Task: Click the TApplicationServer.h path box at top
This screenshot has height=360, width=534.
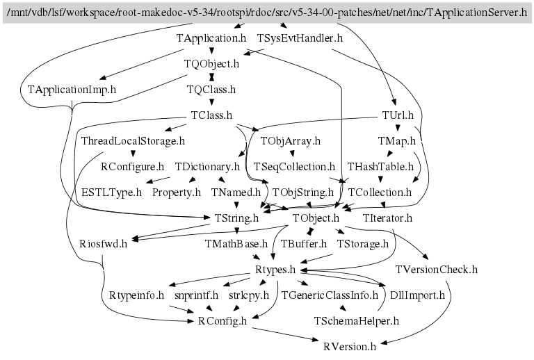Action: (267, 13)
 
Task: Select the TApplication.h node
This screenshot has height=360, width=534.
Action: (211, 38)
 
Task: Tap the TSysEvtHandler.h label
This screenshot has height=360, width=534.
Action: (300, 38)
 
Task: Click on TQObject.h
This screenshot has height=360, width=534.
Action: (211, 64)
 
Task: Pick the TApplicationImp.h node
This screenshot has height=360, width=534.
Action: (72, 90)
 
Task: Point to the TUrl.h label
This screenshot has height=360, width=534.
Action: (398, 115)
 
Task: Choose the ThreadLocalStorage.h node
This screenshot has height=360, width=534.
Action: (133, 141)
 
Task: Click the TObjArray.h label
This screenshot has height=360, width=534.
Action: (291, 141)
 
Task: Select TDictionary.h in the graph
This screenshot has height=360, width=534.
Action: (207, 167)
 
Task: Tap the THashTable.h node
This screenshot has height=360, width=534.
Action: (380, 167)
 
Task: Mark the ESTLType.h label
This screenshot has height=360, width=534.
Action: (111, 193)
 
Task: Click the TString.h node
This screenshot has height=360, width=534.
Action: (236, 218)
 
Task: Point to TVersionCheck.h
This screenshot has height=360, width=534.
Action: (437, 270)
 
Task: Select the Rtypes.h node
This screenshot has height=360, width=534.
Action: (275, 270)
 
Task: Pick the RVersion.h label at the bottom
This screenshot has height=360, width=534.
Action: (350, 347)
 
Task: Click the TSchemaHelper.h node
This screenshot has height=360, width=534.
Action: (356, 321)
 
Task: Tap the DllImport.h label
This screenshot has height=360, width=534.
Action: (417, 295)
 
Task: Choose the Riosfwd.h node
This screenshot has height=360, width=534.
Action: (103, 244)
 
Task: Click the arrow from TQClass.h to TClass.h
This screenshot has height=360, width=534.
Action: (211, 101)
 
